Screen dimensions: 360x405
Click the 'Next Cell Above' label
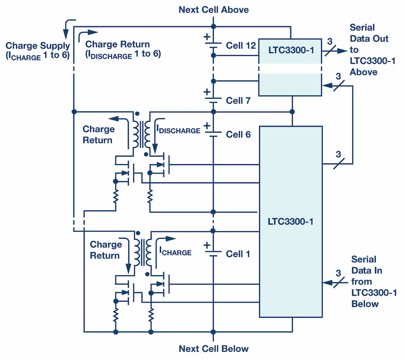(213, 9)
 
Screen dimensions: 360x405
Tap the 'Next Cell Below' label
(213, 349)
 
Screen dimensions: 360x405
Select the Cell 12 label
(241, 45)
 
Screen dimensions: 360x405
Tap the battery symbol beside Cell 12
(213, 45)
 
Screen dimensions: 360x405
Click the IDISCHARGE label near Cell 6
(178, 130)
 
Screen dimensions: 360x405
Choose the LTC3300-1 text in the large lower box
(290, 222)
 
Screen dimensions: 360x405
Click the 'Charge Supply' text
(38, 46)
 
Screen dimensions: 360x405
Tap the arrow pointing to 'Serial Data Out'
(340, 51)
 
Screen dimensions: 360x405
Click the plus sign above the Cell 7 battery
(207, 92)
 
